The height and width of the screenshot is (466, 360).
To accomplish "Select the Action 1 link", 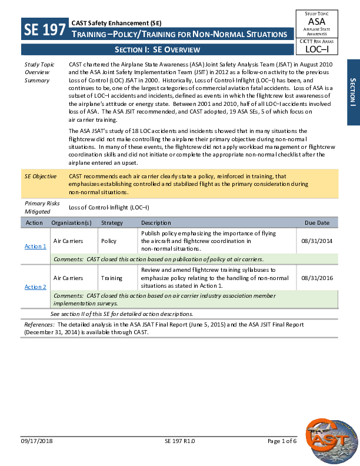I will [x=35, y=246].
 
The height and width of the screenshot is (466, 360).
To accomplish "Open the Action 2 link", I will [x=35, y=287].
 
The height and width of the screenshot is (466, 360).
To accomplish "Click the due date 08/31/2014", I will [x=316, y=241].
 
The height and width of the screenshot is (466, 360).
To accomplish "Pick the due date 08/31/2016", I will [x=316, y=278].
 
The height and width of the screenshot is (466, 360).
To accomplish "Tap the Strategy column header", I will [x=112, y=223].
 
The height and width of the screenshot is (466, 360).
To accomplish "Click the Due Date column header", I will [x=316, y=223].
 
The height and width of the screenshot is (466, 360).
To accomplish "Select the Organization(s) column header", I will [x=71, y=223].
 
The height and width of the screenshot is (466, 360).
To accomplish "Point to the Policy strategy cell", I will [x=109, y=241].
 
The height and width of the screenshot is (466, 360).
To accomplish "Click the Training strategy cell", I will [x=111, y=278].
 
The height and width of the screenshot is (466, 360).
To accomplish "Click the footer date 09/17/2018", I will [x=36, y=457].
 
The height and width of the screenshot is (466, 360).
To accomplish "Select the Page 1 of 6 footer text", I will [x=282, y=457].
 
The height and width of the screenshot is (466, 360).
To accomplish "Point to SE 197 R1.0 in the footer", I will [x=179, y=457].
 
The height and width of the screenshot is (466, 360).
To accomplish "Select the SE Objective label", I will [x=40, y=176].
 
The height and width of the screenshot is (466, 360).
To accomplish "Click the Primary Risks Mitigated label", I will [x=41, y=207].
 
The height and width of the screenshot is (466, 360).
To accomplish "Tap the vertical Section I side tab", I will [x=353, y=92].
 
